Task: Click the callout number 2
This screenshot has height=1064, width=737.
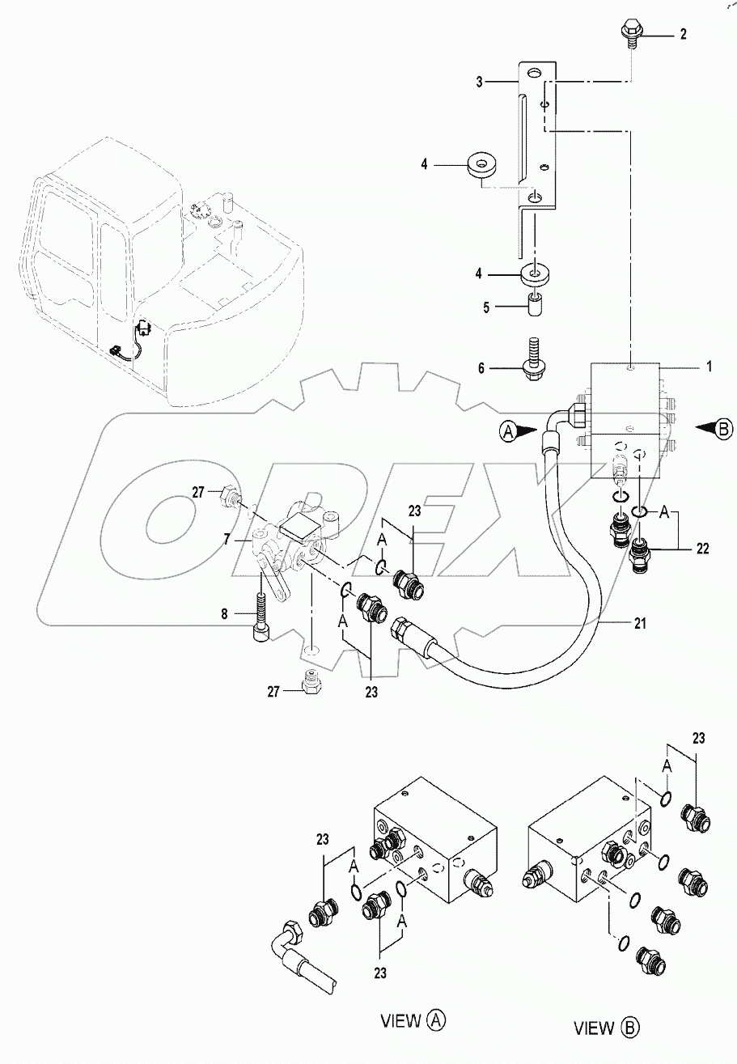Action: coord(684,34)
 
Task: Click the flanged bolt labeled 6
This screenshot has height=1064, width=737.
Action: coord(535,362)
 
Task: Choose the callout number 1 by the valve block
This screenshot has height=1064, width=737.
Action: coord(709,366)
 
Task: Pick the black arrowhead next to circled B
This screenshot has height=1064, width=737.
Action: coord(702,428)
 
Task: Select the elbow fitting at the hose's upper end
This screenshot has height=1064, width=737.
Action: coord(558,421)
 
